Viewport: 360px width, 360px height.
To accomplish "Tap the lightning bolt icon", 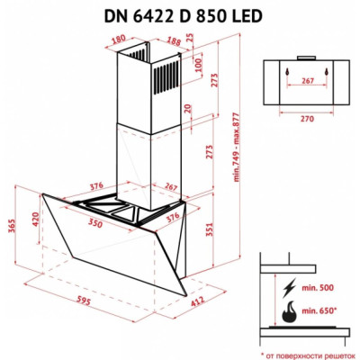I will point(288,289).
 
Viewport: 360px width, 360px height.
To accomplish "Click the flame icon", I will point(288,316).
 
